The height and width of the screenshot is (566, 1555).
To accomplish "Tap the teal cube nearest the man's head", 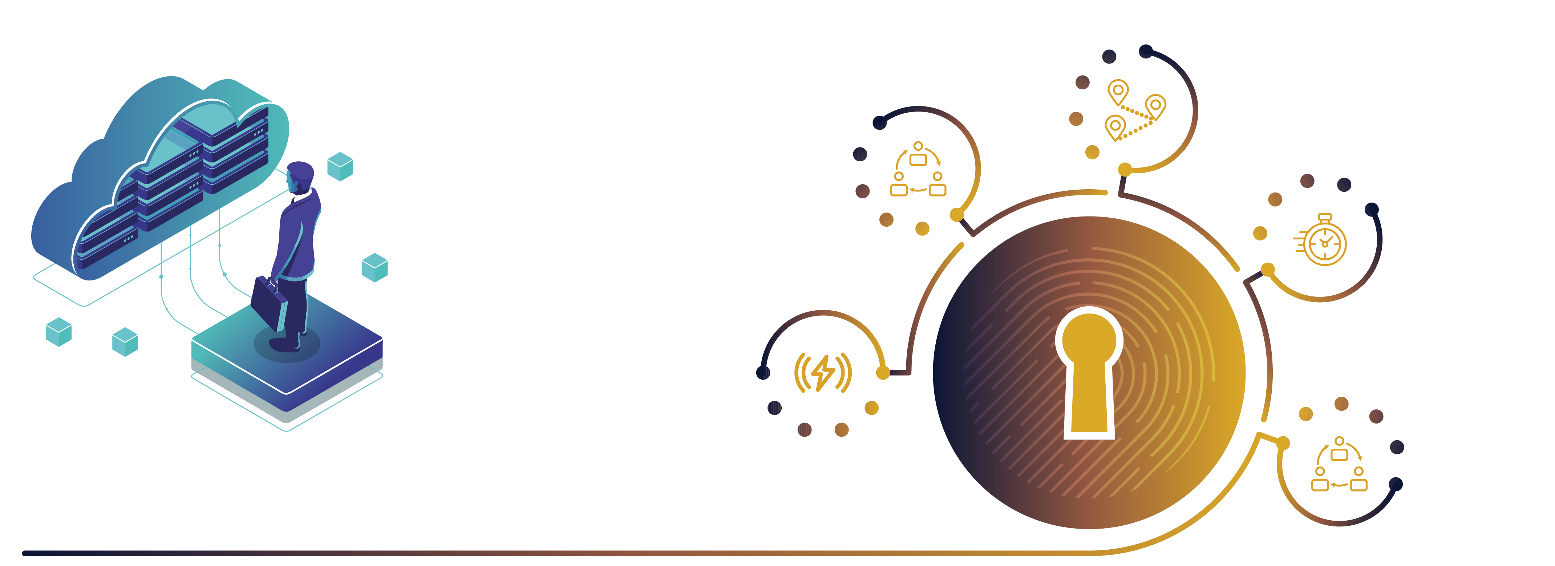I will pyautogui.click(x=340, y=166).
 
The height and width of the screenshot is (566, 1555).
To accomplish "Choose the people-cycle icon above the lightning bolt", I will pyautogui.click(x=918, y=171).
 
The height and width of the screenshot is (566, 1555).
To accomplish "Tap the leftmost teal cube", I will pyautogui.click(x=58, y=332).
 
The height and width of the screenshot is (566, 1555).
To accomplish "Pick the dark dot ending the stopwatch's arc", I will pyautogui.click(x=1372, y=209).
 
